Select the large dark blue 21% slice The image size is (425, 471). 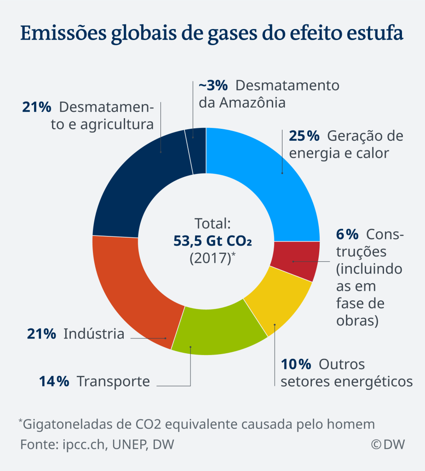(x=138, y=184)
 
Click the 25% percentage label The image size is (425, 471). (x=304, y=136)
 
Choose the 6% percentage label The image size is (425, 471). (x=347, y=234)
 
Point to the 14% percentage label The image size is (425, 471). (x=54, y=381)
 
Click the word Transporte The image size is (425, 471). (x=113, y=381)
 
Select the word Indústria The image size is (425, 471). (x=94, y=333)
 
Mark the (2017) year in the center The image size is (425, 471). (x=210, y=258)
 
